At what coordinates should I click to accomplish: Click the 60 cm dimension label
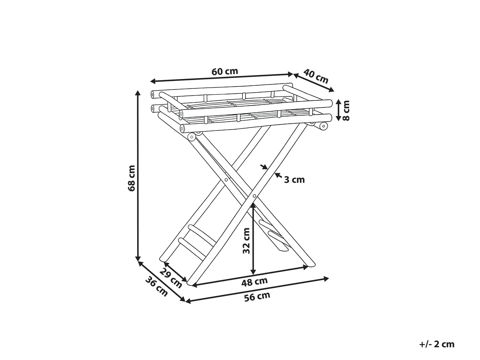225,72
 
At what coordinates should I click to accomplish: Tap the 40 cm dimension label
316,76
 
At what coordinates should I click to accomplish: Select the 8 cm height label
346,110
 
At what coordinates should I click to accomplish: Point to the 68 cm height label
132,178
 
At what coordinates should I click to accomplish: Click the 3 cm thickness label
294,180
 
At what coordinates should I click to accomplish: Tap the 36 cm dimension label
157,287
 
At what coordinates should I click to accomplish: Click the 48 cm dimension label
254,282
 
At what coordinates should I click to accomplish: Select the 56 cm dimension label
257,296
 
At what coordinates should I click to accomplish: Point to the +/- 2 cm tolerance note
437,344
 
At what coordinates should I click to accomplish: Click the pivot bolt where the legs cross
254,196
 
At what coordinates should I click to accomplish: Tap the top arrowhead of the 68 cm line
138,93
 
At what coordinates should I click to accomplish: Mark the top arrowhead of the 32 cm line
253,206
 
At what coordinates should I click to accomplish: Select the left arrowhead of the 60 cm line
153,81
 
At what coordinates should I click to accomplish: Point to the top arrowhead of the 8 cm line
338,102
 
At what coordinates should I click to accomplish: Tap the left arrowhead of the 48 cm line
195,285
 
